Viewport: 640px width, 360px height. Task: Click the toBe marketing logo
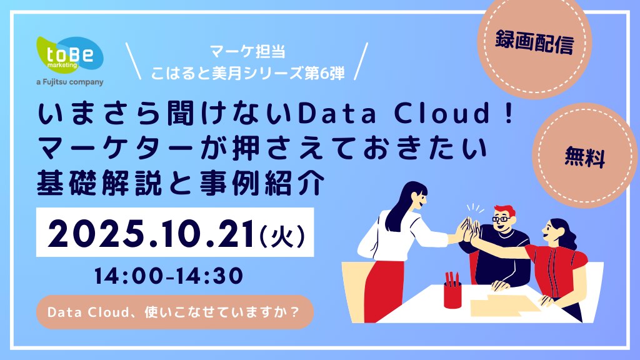point(70,55)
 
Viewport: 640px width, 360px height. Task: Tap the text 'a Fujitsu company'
point(70,82)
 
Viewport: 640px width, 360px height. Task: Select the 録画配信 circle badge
point(534,43)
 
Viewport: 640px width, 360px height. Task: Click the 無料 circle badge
point(585,156)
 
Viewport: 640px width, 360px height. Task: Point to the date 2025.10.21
point(151,234)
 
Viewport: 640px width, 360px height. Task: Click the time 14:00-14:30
point(169,276)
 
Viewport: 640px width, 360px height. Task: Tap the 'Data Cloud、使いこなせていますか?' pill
point(175,312)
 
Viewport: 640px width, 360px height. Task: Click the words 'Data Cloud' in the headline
point(394,113)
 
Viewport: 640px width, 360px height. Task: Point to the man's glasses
point(501,219)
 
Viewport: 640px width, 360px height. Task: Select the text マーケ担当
point(247,52)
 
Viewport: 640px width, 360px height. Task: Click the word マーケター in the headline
point(115,147)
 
